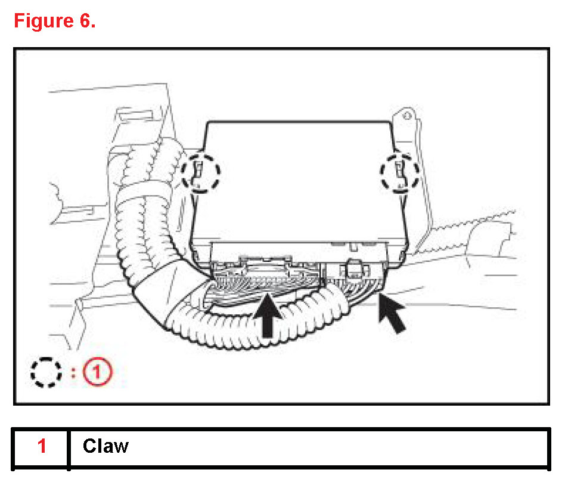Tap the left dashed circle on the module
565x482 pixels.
[201, 173]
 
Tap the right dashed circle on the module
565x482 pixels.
[399, 172]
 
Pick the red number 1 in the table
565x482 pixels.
[42, 446]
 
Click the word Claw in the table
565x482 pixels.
[105, 446]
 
